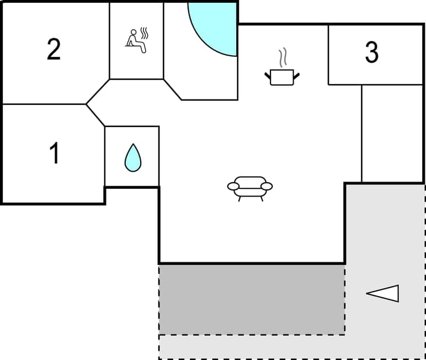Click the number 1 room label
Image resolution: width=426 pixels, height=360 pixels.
pos(54,153)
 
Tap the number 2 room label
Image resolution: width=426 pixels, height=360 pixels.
pos(54,50)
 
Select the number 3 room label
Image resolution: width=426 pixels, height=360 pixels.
pos(372,52)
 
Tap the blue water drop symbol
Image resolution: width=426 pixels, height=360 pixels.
pos(132,158)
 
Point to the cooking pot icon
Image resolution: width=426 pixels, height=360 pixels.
pos(282,76)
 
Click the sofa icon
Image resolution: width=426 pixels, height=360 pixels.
pos(250,187)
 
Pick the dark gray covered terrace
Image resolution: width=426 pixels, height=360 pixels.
pos(252,299)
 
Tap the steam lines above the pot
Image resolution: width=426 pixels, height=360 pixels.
pos(283,57)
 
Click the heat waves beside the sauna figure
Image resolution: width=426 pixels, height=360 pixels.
pos(145,34)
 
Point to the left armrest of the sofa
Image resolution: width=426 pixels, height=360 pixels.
pos(233,186)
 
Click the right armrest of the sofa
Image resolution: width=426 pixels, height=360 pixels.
pos(267,186)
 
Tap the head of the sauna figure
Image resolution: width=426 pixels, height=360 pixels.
pos(132,32)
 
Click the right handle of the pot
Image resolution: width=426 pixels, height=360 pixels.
pos(298,73)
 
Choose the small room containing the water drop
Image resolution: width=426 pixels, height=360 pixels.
pos(132,157)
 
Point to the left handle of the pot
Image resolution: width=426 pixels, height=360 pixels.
pos(267,73)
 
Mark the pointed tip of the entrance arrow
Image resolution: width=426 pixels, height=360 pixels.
pos(368,294)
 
